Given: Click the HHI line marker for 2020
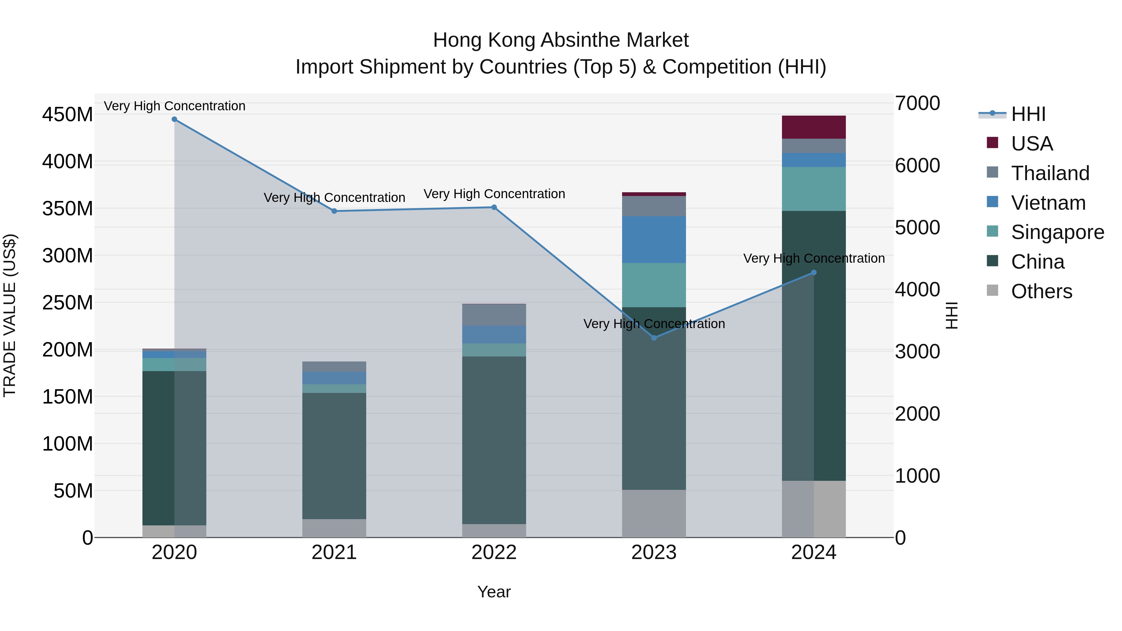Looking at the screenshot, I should pyautogui.click(x=174, y=119).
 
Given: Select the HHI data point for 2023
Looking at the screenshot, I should pyautogui.click(x=654, y=338).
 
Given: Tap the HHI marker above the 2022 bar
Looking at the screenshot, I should pyautogui.click(x=494, y=207).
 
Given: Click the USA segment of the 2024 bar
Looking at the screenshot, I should pyautogui.click(x=814, y=127).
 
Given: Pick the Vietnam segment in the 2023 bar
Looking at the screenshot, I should pyautogui.click(x=654, y=240).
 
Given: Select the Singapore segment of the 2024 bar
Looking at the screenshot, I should pyautogui.click(x=814, y=189).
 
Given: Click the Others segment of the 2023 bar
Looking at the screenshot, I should pyautogui.click(x=654, y=514).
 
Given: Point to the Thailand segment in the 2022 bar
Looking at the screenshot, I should pyautogui.click(x=494, y=315).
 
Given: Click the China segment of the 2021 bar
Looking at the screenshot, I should pyautogui.click(x=334, y=456).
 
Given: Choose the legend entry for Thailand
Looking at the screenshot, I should pyautogui.click(x=1050, y=173).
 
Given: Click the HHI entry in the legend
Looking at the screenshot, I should pyautogui.click(x=1028, y=114).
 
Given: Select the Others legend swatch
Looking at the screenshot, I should pyautogui.click(x=992, y=290).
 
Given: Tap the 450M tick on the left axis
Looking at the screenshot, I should pyautogui.click(x=68, y=115).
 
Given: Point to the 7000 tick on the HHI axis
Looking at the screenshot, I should pyautogui.click(x=917, y=104).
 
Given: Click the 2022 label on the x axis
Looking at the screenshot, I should pyautogui.click(x=494, y=552).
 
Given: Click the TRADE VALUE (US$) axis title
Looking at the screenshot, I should pyautogui.click(x=10, y=315).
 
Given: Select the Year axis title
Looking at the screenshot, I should pyautogui.click(x=494, y=592).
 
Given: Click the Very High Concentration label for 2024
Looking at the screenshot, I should pyautogui.click(x=814, y=258).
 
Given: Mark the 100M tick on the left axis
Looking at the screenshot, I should pyautogui.click(x=68, y=444).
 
